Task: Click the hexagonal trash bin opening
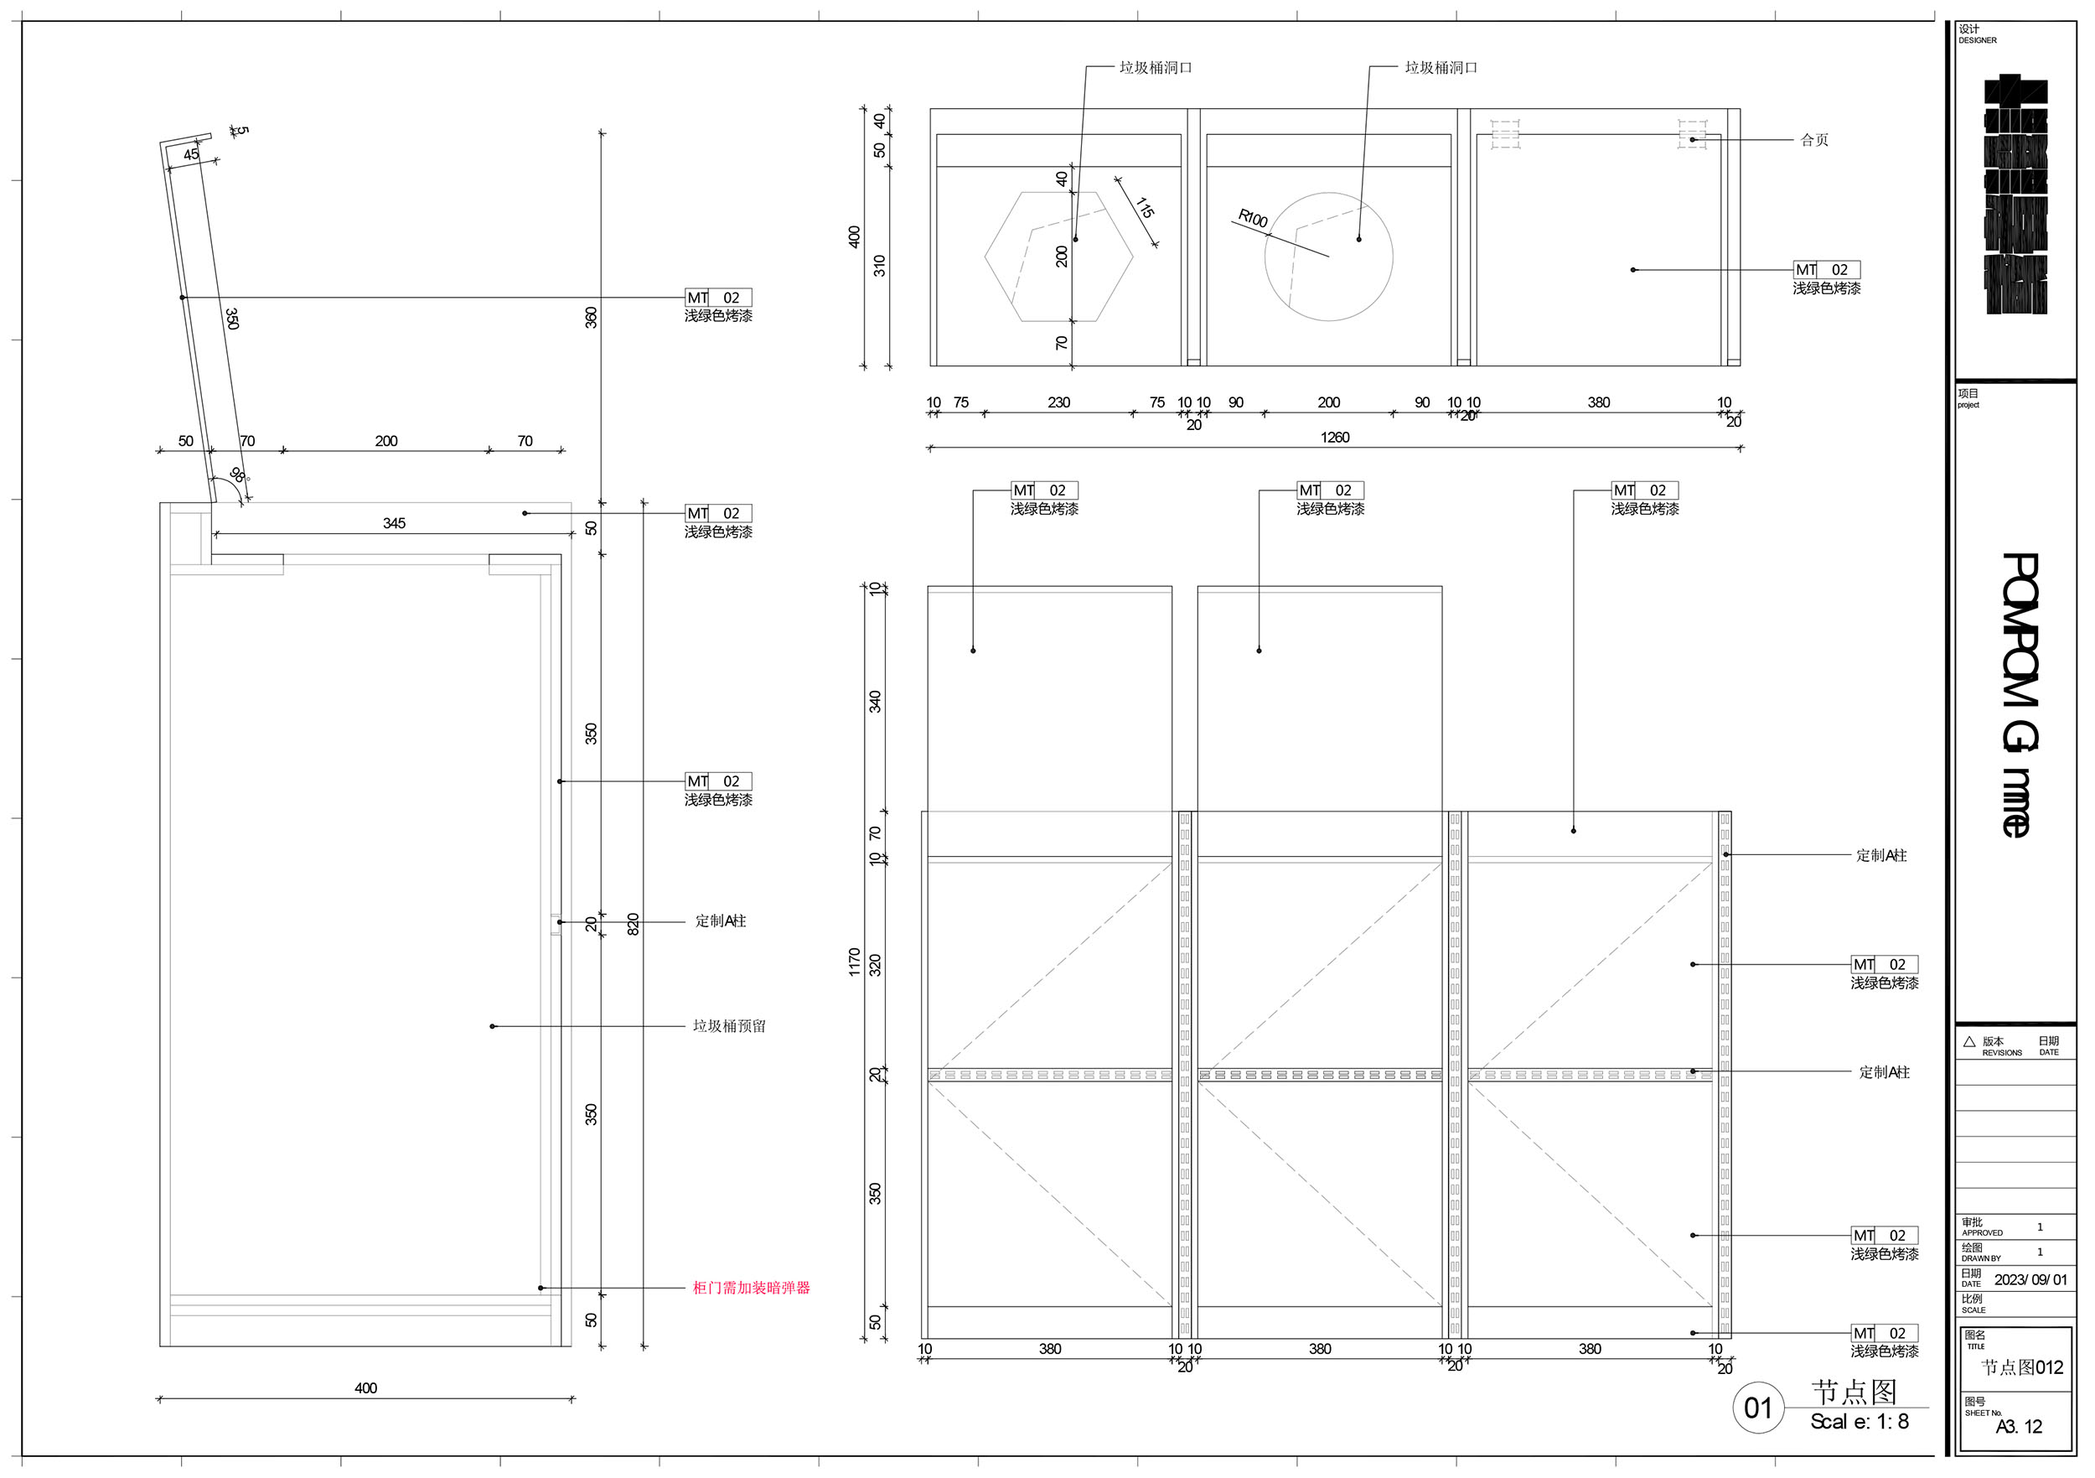pos(1058,257)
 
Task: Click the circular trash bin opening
pos(1328,257)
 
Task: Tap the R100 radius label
pos(1253,219)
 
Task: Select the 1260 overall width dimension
pos(1334,438)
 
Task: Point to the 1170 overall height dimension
pos(854,962)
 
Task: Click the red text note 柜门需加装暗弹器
pos(751,1288)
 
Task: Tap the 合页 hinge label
pos(1814,141)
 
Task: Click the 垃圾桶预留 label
pos(729,1026)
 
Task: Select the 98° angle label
pos(237,475)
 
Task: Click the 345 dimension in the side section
pos(394,524)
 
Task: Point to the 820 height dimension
pos(634,924)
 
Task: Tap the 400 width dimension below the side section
pos(366,1388)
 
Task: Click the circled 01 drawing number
pos(1757,1408)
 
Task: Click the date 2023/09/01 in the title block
pos(2030,1280)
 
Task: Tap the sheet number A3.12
pos(2019,1427)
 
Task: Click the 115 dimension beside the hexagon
pos(1144,209)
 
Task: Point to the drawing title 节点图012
pos(2022,1367)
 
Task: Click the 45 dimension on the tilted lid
pos(191,155)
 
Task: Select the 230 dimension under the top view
pos(1058,402)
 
